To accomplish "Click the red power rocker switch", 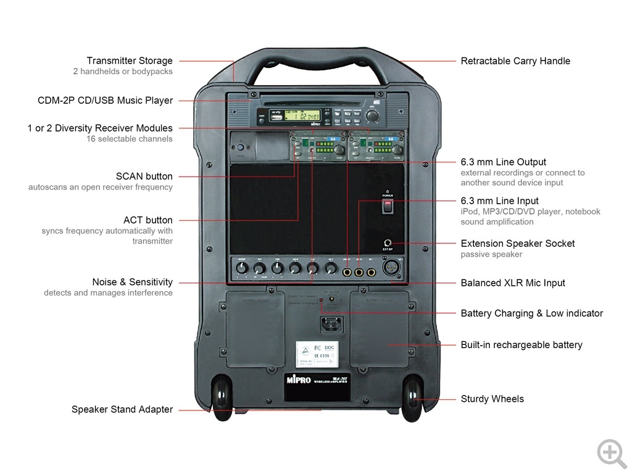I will pyautogui.click(x=388, y=206).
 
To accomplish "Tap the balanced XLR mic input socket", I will pyautogui.click(x=389, y=270).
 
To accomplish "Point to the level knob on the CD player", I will pyautogui.click(x=372, y=115).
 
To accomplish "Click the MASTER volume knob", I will pyautogui.click(x=241, y=268).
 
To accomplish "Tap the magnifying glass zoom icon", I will pyautogui.click(x=611, y=453).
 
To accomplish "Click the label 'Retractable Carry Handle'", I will pyautogui.click(x=515, y=61).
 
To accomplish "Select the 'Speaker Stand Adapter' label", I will pyautogui.click(x=122, y=410).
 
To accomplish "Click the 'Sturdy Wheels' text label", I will pyautogui.click(x=492, y=399).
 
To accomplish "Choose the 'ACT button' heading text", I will pyautogui.click(x=148, y=220).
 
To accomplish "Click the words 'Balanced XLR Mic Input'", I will pyautogui.click(x=513, y=283).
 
